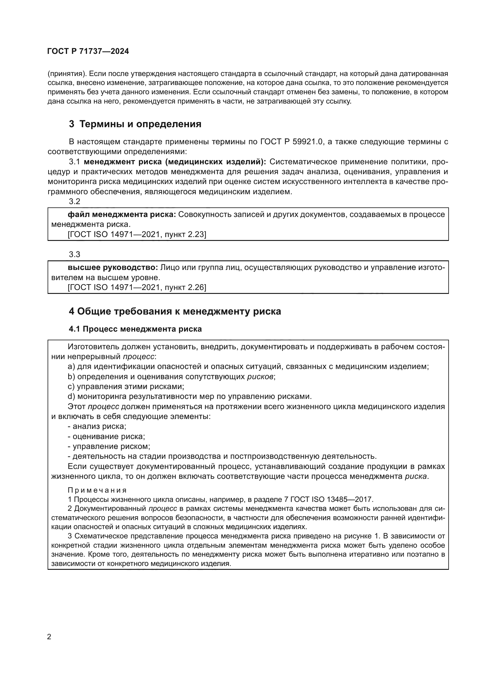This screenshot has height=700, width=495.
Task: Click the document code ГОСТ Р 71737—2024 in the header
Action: tap(88, 51)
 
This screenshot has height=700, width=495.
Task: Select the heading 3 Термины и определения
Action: tap(135, 124)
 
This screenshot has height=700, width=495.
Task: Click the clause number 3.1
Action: tap(75, 162)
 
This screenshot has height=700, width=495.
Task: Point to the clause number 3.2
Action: tap(75, 201)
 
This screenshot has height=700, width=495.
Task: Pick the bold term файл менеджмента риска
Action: tap(122, 215)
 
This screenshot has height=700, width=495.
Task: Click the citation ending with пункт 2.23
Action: tap(137, 234)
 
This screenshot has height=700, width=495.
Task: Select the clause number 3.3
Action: tap(75, 254)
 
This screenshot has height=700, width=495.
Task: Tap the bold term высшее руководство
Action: tap(113, 268)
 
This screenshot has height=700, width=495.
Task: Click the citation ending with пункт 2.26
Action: tap(137, 288)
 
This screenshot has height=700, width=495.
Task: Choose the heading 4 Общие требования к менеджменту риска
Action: tap(175, 311)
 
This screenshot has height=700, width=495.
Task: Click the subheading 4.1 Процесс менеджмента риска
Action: tap(135, 329)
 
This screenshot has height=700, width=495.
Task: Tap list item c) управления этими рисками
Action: tap(126, 387)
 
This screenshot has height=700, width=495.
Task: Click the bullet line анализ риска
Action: tap(97, 426)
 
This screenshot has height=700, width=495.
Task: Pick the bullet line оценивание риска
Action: tap(106, 436)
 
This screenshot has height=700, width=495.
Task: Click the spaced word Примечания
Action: tap(97, 490)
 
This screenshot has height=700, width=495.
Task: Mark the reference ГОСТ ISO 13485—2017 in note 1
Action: tap(332, 499)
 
